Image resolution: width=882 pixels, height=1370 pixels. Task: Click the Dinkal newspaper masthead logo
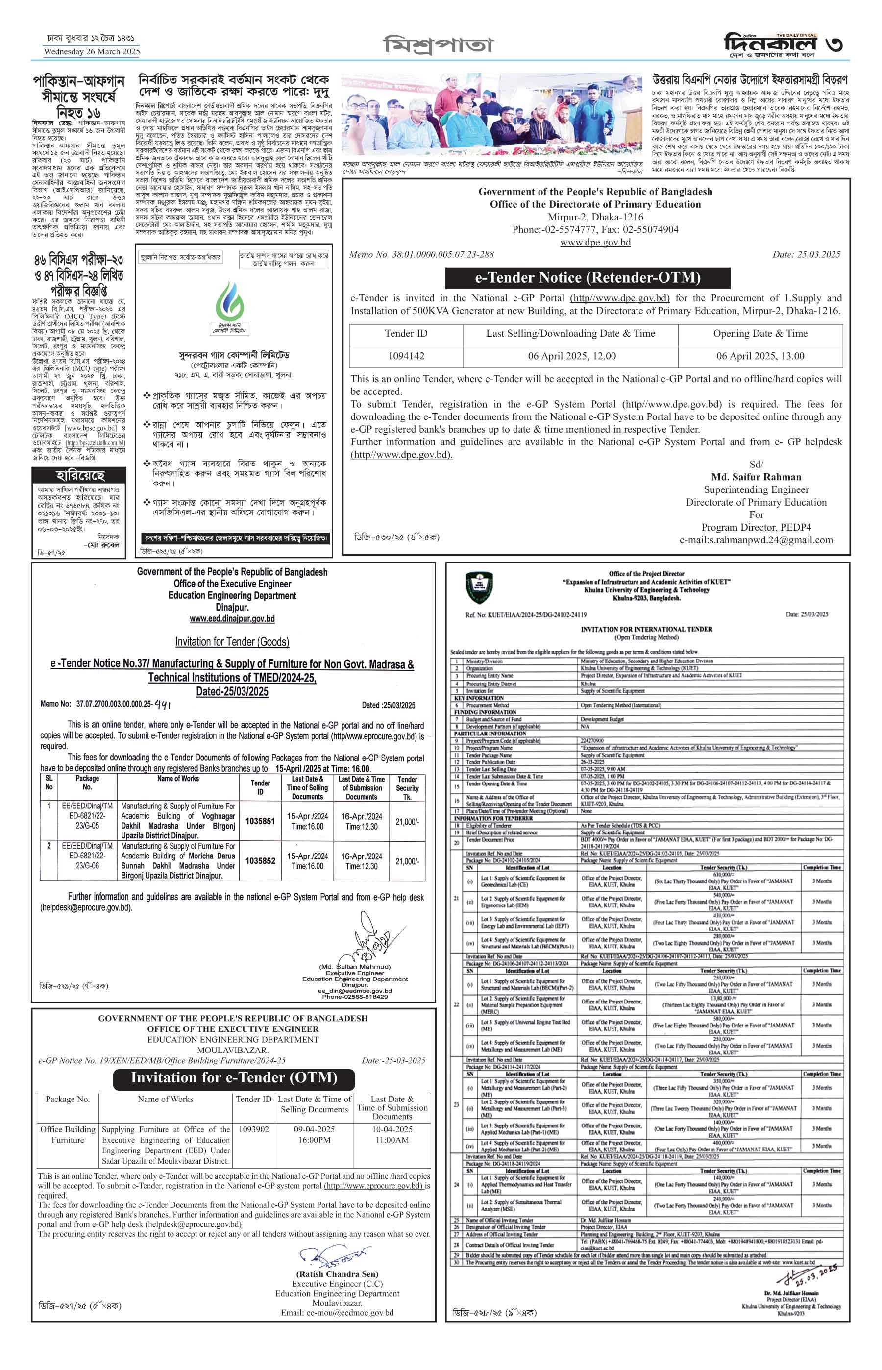pyautogui.click(x=770, y=44)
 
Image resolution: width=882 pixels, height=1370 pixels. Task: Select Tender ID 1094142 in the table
pyautogui.click(x=406, y=356)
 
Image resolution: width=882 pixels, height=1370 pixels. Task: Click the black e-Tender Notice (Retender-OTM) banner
pyautogui.click(x=588, y=278)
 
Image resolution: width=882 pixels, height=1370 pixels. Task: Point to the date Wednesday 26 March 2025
pyautogui.click(x=92, y=51)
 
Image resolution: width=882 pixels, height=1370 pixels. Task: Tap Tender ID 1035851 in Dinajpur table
pyautogui.click(x=260, y=821)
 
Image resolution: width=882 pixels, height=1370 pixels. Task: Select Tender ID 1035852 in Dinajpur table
pyautogui.click(x=260, y=860)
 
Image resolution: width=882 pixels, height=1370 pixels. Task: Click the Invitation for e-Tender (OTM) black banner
pyautogui.click(x=234, y=1077)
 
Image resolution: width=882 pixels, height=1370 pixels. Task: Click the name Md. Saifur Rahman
pyautogui.click(x=756, y=477)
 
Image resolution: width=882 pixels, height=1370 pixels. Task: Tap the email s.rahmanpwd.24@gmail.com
pyautogui.click(x=756, y=539)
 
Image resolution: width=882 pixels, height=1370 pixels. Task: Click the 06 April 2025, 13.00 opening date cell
pyautogui.click(x=760, y=356)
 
